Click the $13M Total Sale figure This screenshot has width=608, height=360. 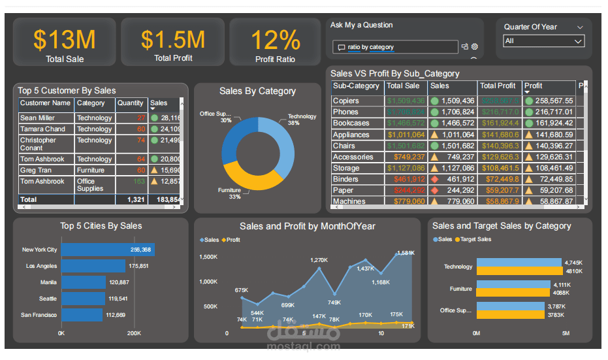click(64, 40)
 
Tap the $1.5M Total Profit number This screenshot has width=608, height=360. click(172, 40)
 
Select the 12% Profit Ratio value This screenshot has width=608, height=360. click(275, 40)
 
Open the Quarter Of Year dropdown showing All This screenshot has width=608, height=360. click(543, 41)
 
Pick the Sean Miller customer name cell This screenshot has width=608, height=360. click(37, 118)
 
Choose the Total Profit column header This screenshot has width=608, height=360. click(498, 86)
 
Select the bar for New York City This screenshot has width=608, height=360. click(108, 250)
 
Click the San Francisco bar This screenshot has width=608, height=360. click(82, 315)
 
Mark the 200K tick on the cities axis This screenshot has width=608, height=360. click(134, 333)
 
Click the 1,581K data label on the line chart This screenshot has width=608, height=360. click(406, 253)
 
